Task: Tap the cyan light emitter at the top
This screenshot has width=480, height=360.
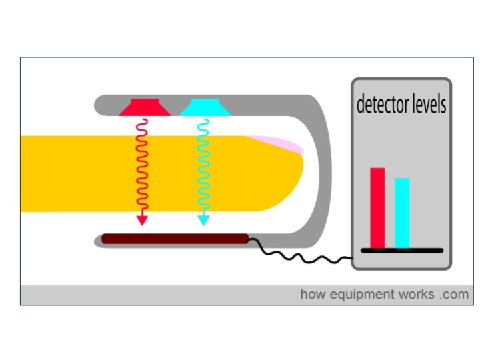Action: [x=205, y=107]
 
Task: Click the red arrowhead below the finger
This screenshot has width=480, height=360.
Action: [x=142, y=219]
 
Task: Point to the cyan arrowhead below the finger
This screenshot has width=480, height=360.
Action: [x=203, y=219]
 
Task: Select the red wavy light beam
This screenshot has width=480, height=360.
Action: [x=141, y=167]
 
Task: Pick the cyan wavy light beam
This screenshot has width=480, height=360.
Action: [x=203, y=167]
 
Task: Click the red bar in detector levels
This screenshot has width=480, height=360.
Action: [x=377, y=207]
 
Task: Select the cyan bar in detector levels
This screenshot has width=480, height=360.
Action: [x=402, y=213]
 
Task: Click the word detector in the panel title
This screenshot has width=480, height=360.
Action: [x=381, y=105]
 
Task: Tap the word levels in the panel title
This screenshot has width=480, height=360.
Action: [x=427, y=105]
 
